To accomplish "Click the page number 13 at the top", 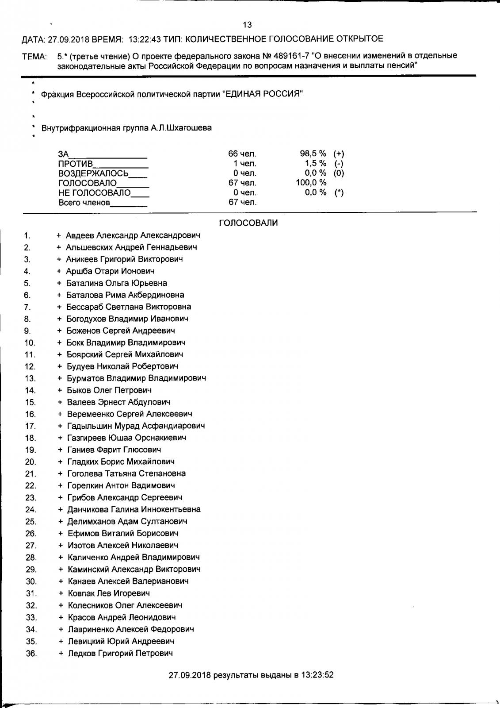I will pos(247,25).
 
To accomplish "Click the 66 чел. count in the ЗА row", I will pos(242,154).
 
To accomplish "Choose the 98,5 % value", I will pos(313,154).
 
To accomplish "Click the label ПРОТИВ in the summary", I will pos(76,164).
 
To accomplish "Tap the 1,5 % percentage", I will pos(315,163).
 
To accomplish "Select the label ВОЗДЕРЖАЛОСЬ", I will pos(93,173).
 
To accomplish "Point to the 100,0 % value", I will pos(311,183).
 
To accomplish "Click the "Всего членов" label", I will pos(84,203).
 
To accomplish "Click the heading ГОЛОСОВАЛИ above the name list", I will pos(248,223).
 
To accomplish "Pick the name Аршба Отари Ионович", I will pos(110,271).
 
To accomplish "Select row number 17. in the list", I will pos(30,426).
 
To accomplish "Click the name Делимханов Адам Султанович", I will pos(127,521).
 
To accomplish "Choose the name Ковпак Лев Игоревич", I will pos(109,593).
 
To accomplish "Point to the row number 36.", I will pos(31,654).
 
